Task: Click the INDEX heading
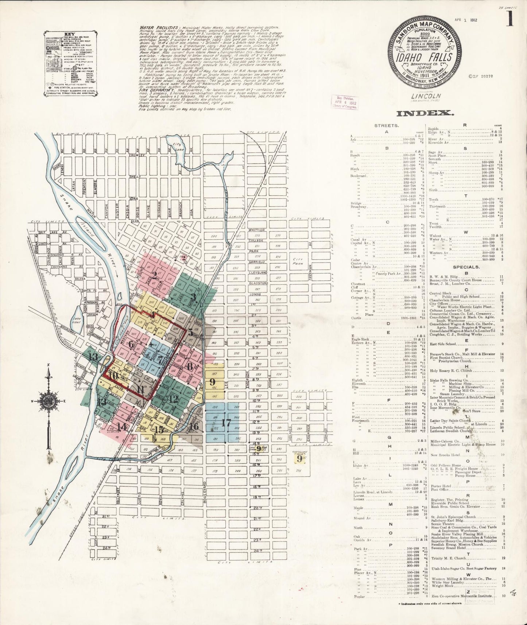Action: click(425, 113)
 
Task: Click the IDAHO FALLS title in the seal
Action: click(425, 57)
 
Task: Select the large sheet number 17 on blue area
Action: click(226, 423)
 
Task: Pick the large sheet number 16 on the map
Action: click(194, 426)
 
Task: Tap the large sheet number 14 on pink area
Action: click(122, 427)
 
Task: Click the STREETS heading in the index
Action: click(386, 125)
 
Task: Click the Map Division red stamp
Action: click(344, 102)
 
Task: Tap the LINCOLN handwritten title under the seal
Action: click(422, 96)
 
